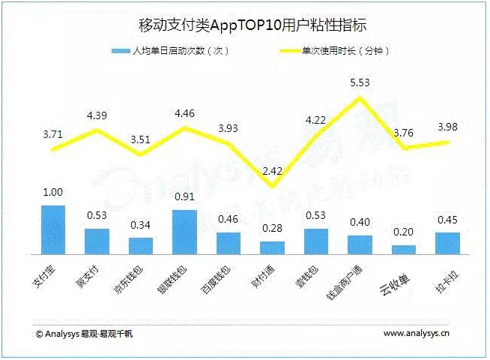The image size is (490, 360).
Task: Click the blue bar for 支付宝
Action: click(x=52, y=229)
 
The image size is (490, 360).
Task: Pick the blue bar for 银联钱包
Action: click(x=184, y=232)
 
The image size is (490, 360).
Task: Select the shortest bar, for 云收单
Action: click(x=404, y=249)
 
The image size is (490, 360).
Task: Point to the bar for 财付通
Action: click(x=272, y=247)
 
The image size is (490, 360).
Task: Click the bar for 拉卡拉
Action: click(x=447, y=243)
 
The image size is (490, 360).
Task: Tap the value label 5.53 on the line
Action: click(x=360, y=82)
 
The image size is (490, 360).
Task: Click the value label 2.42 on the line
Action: click(x=272, y=171)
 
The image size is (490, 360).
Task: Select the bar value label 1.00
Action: click(x=52, y=193)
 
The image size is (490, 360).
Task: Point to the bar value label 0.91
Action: click(x=184, y=198)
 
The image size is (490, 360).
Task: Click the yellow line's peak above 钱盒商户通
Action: click(x=360, y=97)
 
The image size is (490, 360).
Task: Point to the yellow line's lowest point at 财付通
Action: click(x=272, y=186)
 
